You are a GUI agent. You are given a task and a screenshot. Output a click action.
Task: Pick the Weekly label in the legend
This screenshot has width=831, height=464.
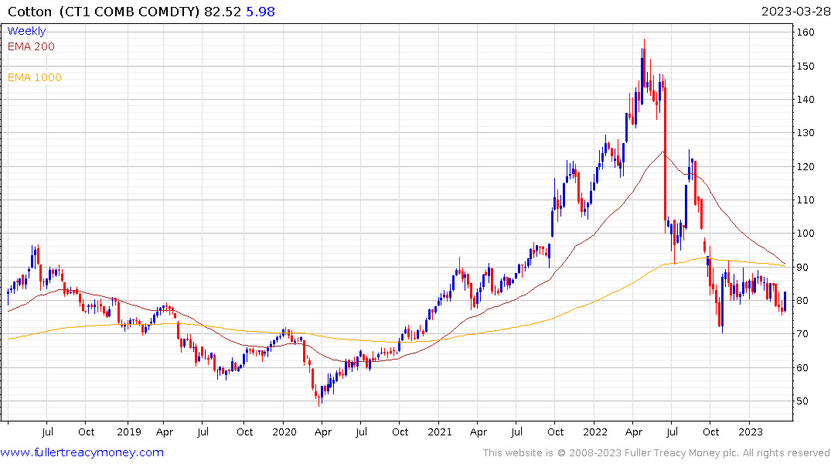point(26,31)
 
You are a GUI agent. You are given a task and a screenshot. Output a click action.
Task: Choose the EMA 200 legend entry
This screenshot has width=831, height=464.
point(31,46)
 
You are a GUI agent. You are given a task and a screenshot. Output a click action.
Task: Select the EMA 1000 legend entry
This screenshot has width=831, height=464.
point(34,77)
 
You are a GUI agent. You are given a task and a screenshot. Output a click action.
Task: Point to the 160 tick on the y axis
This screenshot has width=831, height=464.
point(806,32)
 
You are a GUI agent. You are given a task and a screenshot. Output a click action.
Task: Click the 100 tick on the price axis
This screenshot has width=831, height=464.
point(806,234)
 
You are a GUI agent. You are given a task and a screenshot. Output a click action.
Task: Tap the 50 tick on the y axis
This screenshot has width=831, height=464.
point(804,401)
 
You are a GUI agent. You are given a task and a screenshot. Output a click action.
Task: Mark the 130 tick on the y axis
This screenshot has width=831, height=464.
point(806,133)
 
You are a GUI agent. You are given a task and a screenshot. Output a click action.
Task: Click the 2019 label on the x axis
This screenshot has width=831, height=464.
point(128,432)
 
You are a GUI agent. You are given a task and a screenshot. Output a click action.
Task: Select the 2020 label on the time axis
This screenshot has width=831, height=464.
point(284,432)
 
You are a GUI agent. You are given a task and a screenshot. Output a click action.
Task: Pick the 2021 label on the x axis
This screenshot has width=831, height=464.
point(439,432)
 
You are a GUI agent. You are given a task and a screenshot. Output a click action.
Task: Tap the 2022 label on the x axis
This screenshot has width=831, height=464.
point(595,432)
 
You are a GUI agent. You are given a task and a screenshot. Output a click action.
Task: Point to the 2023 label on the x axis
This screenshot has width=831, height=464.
point(751,432)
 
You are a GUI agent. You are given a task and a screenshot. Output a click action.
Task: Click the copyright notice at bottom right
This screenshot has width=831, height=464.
point(656,453)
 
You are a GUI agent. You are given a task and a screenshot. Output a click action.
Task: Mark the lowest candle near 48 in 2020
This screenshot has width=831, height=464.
point(318,402)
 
